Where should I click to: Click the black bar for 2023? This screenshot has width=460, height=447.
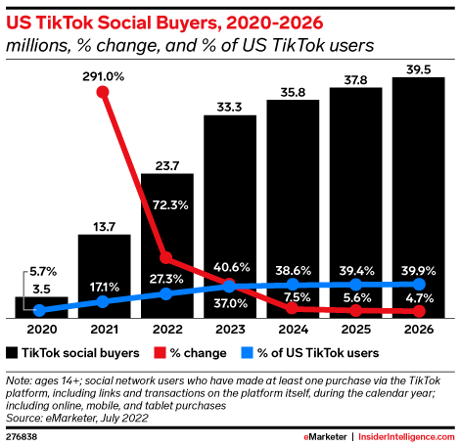[x=230, y=215]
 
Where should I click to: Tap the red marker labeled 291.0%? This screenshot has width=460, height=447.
[x=105, y=93]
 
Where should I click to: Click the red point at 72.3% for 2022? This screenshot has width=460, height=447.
[x=166, y=258]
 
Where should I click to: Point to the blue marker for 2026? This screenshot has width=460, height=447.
[x=420, y=285]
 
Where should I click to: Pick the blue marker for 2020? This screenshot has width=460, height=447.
[x=41, y=311]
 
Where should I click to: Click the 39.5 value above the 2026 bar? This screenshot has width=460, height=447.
[x=419, y=66]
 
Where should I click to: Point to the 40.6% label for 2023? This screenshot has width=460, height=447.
[x=230, y=265]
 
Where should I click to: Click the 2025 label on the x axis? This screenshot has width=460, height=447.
[x=356, y=331]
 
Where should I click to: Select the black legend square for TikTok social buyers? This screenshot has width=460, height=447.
[x=11, y=351]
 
